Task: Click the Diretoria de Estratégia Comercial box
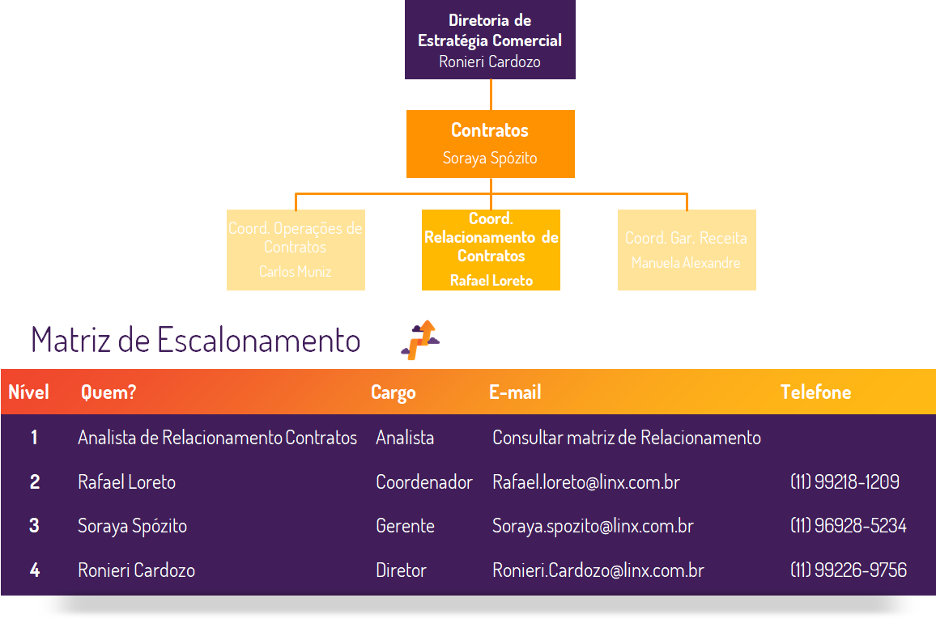coord(490,40)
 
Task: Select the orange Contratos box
coord(490,143)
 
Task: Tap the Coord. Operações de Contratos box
coord(296,249)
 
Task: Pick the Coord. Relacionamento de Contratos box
coord(491,249)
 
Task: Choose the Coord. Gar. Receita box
coord(687,249)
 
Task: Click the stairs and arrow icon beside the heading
coord(419,339)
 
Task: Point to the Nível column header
coord(28,392)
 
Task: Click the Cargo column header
coord(393,392)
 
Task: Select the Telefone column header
coord(815,392)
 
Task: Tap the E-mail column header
coord(515,392)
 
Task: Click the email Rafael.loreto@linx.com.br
coord(585,482)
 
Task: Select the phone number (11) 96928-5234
coord(848,526)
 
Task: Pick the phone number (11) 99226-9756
coord(848,570)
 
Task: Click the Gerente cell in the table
coord(405,526)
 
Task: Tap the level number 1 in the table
coord(34,438)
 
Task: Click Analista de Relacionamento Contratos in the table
coord(217,438)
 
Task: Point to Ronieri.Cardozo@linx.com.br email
coord(598,570)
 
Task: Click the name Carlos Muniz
coord(296,272)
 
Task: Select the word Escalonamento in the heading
coord(258,340)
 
